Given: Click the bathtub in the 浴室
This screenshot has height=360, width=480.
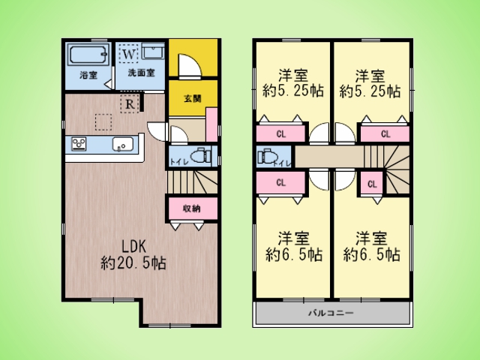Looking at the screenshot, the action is point(88,55).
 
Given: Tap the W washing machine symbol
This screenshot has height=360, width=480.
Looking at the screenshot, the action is point(128,54).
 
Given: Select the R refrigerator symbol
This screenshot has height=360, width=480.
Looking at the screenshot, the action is point(130,103).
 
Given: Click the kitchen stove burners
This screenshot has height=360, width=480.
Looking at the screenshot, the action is point(79,143).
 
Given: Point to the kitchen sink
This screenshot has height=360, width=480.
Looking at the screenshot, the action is point(123,144).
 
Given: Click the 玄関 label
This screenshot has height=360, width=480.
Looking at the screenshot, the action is point(193,98).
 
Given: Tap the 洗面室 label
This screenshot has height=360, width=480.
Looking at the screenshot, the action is point(141,73).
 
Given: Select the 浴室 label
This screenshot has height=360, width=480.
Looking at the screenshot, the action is point(88,75).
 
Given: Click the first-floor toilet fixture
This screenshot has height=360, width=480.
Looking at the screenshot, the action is point(200,156).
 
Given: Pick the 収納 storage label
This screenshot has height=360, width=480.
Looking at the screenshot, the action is point(192,208).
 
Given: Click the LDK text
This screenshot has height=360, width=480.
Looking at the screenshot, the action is point(133,246).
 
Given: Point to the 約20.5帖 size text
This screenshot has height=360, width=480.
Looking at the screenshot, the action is point(133,262).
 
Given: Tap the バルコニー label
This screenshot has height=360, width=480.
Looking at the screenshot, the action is point(331,313).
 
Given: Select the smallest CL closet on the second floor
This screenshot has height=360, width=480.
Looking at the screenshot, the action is point(372,184).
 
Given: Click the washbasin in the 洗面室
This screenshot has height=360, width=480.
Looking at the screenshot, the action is point(153,52).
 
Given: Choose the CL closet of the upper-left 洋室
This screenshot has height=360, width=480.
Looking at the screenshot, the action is point(280,133).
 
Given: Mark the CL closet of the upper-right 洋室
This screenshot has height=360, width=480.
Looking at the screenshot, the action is point(385,133).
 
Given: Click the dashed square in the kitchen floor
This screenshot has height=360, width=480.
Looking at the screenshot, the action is point(103,122).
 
